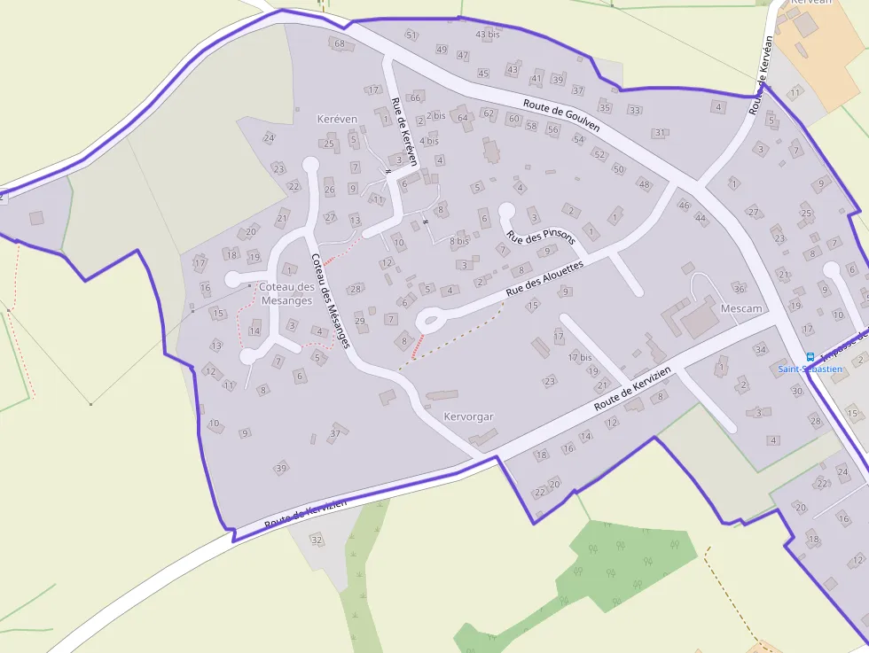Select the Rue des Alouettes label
(x=545, y=279)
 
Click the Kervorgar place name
(x=468, y=416)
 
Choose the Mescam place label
(x=741, y=308)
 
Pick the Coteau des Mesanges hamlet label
(x=286, y=293)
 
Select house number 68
(x=339, y=43)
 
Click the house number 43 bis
(x=488, y=35)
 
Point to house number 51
(x=411, y=35)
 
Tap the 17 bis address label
(x=580, y=357)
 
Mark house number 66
(x=415, y=97)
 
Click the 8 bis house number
(x=458, y=240)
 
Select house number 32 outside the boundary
(x=316, y=539)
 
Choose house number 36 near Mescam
(x=740, y=289)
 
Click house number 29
(x=360, y=320)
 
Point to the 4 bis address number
(x=429, y=141)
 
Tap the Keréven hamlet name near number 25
(x=337, y=119)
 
